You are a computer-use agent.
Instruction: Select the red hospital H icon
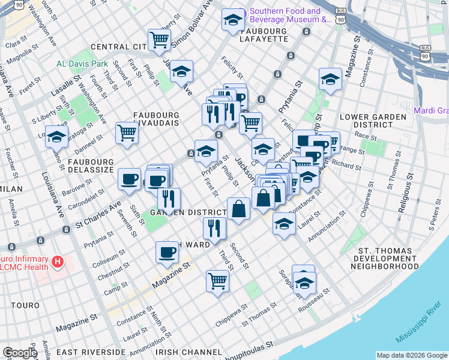pos(58,262)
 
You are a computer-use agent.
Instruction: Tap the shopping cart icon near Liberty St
pos(159,40)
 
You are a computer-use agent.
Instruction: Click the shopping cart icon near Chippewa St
pos(217,280)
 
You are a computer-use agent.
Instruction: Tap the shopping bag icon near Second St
pos(239,209)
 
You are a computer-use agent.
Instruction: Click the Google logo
pos(20,353)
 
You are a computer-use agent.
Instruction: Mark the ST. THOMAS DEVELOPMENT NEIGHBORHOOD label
pos(384,258)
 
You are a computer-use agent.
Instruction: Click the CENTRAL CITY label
pos(118,47)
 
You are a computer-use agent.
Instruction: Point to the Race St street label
pos(365,136)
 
